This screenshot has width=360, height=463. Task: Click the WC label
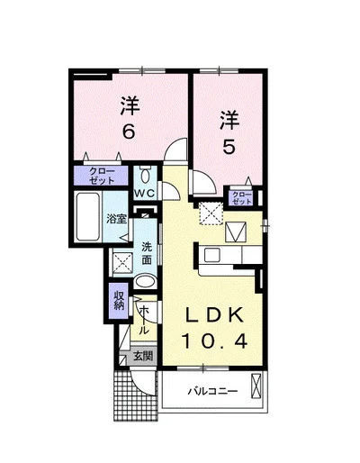coord(145,194)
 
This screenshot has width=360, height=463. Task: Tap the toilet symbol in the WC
coord(146,176)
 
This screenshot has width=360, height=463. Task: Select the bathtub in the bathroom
coord(88,217)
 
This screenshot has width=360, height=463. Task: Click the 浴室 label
coord(117,219)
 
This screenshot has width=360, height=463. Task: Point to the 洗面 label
coord(147,253)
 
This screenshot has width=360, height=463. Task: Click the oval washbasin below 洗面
coord(145,282)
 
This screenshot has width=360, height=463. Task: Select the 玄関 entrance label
coord(143,356)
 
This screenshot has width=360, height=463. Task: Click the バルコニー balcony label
coord(212,391)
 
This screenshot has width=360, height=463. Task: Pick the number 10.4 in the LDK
coord(214,340)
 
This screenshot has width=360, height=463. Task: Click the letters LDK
coord(214,315)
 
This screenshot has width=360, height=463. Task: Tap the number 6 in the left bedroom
coord(128,132)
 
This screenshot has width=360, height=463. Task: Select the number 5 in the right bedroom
coord(229,147)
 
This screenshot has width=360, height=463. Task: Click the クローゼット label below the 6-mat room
coord(102,176)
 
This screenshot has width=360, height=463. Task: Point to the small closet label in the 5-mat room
coord(242,198)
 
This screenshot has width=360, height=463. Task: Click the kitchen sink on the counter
coord(212,255)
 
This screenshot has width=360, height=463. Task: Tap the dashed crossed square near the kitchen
coord(211,213)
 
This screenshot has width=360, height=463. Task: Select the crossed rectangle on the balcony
coord(256,386)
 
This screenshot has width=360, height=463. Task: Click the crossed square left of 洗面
coord(123,263)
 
